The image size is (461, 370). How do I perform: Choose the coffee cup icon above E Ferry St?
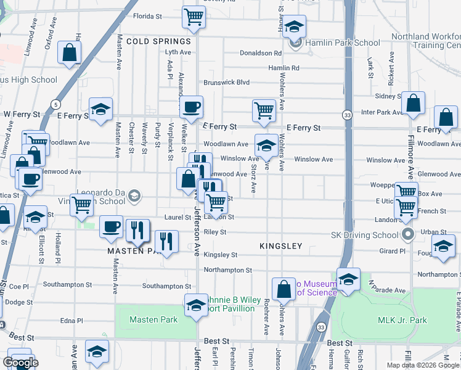point(191,106)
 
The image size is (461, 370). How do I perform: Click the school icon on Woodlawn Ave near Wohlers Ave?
point(266,145)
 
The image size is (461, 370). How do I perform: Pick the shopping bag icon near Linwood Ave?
point(70,52)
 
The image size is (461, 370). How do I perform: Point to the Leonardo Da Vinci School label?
point(103,195)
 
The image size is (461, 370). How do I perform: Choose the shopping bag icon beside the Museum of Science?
point(284,288)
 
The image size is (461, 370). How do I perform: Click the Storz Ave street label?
point(253,178)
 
